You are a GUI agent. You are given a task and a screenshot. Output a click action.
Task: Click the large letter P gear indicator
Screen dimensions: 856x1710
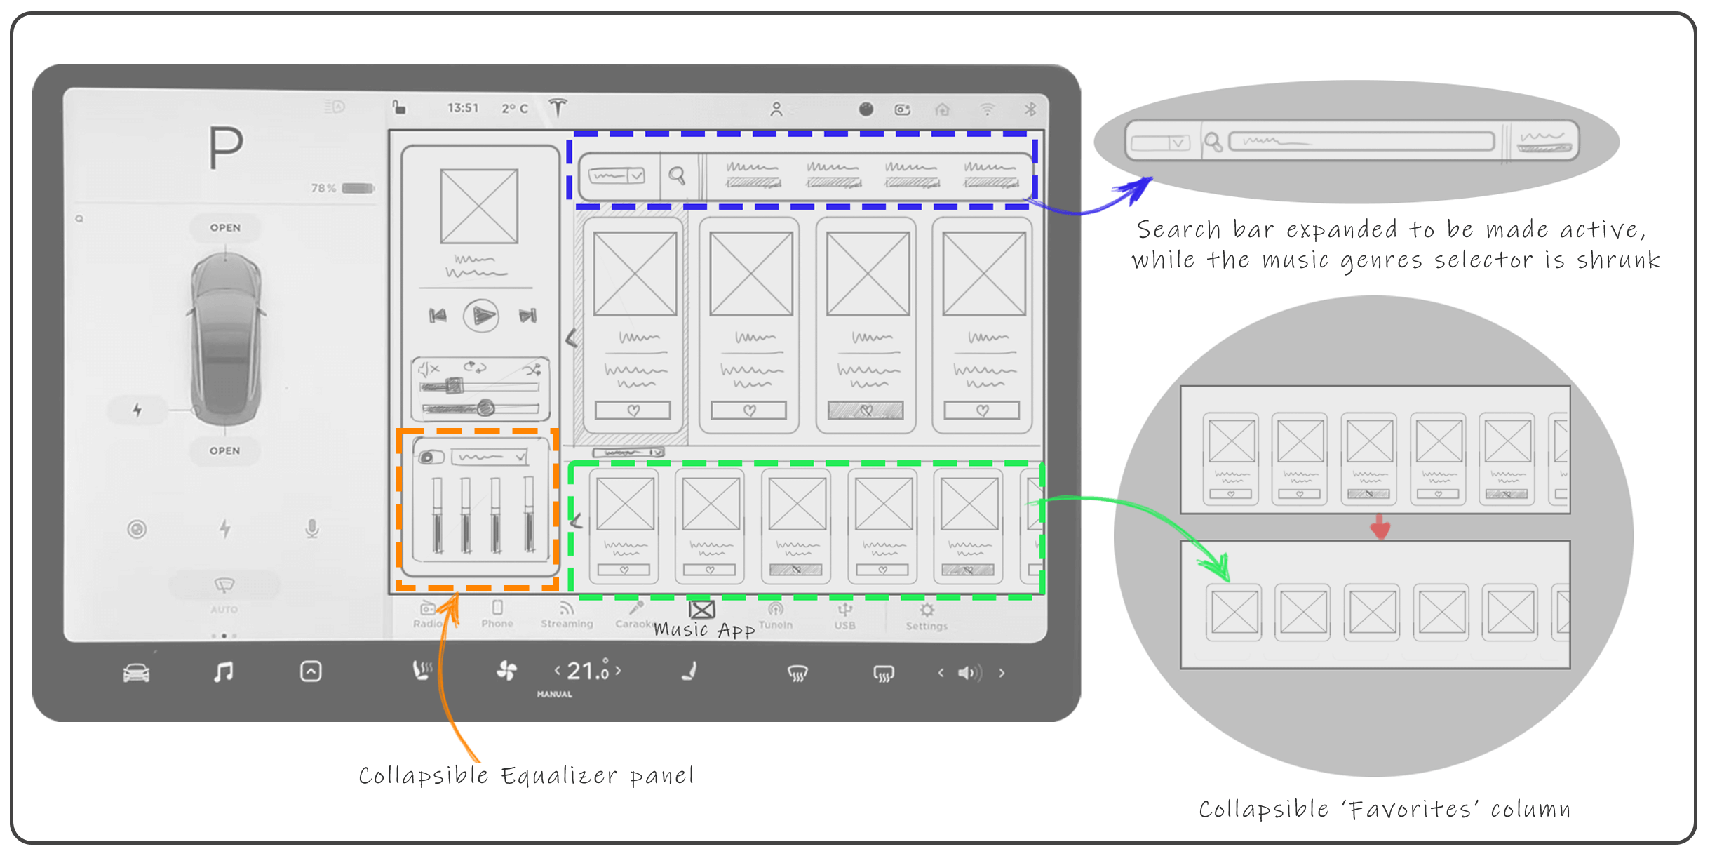tap(226, 148)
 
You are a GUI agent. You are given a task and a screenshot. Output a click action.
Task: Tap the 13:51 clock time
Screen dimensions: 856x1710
tap(463, 108)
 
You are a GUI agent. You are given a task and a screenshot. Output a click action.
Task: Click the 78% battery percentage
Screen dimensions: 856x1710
tap(323, 188)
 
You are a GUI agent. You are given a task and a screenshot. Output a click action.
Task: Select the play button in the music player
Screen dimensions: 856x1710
tap(481, 316)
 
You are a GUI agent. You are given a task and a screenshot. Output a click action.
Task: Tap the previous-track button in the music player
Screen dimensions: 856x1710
tap(438, 316)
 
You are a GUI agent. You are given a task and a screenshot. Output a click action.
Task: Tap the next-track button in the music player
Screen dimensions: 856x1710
tap(527, 316)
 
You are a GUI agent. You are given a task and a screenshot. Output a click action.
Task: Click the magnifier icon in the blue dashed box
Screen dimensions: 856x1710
tap(677, 175)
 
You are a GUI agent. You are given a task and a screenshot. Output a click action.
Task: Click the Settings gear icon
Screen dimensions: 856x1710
tap(927, 610)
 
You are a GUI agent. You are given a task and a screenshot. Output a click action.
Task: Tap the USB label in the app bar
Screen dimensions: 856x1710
tap(844, 625)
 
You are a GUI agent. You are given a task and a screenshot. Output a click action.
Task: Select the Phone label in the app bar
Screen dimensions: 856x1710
tap(497, 624)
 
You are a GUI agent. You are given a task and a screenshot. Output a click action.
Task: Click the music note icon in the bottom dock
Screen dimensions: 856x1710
tap(223, 672)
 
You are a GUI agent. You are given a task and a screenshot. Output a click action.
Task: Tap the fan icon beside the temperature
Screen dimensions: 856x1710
tap(506, 671)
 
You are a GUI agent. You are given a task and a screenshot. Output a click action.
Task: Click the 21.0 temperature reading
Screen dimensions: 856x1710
tap(588, 671)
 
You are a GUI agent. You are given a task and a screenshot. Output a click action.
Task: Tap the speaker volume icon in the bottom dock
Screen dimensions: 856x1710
tap(969, 673)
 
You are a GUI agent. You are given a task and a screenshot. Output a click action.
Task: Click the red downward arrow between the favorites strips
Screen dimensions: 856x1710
tap(1380, 527)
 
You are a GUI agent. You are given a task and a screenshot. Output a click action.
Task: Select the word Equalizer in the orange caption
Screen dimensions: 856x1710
tap(559, 776)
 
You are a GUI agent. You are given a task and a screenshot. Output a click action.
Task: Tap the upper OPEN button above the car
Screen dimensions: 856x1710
tap(225, 228)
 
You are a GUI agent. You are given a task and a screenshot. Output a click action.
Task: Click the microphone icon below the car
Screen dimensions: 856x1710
tap(312, 528)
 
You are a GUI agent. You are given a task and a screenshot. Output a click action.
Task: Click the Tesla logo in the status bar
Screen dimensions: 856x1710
tap(558, 108)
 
